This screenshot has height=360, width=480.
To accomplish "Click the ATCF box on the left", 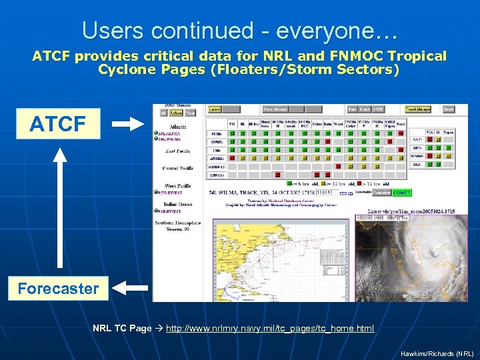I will pos(57,123).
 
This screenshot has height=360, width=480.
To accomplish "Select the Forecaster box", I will pos(58,289).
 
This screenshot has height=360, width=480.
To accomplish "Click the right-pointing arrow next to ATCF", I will pos(127,123).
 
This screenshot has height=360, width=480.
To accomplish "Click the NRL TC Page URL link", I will pos(269,329).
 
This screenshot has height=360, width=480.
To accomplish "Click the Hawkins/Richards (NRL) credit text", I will pos(437,353).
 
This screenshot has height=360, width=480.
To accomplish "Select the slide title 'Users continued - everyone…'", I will pos(239,30).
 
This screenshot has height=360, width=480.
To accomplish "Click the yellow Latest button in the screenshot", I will pos(215,109).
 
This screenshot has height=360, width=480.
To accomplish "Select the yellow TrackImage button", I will pos(418,109).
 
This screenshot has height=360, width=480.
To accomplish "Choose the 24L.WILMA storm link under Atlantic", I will pos(171,141).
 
